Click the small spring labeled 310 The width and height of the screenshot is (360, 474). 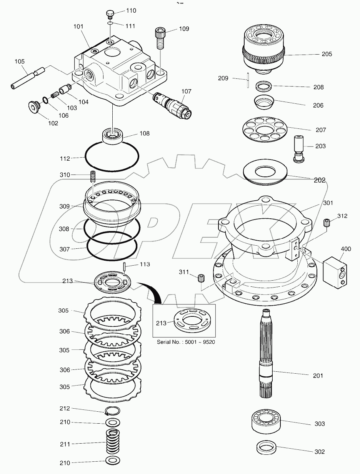pyautogui.click(x=92, y=177)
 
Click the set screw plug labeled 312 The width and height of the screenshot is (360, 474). pyautogui.click(x=327, y=223)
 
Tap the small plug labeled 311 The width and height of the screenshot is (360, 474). pyautogui.click(x=200, y=278)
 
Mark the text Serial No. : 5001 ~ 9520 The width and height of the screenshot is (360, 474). pyautogui.click(x=185, y=342)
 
